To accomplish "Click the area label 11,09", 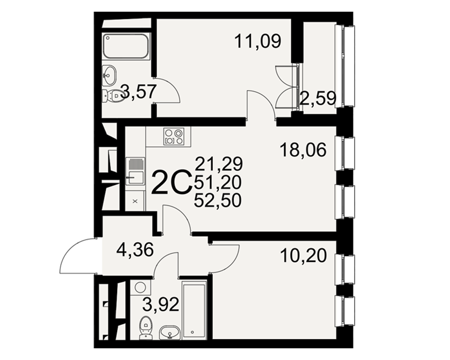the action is [257, 41].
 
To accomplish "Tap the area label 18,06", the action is [303, 150].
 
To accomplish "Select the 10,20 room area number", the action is [304, 256].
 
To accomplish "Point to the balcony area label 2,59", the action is [318, 99].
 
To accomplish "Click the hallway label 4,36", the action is [135, 250].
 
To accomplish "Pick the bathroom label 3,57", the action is [139, 91].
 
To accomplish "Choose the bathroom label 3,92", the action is [161, 305].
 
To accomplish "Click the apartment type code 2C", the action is [171, 182].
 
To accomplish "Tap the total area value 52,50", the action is [217, 200].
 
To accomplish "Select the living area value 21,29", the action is [219, 164].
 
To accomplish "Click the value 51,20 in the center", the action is [217, 182].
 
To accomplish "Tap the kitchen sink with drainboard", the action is [135, 171].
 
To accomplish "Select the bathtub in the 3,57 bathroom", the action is [126, 46].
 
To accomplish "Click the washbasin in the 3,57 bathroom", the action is [109, 75].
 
